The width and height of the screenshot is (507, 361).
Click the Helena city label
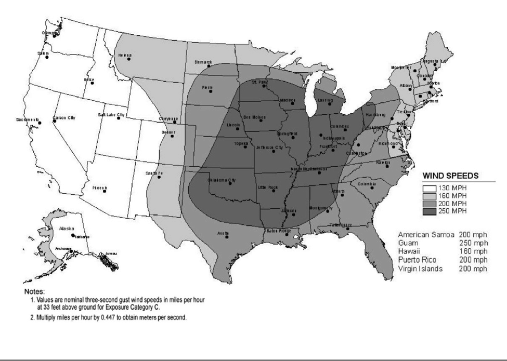(125, 55)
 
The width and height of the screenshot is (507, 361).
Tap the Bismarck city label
(203, 62)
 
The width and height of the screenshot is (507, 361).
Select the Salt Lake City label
(111, 114)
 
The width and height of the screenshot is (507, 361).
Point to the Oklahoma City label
(222, 180)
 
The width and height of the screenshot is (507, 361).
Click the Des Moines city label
(254, 117)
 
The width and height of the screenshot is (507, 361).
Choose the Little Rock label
(269, 187)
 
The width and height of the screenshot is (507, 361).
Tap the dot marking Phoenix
(105, 191)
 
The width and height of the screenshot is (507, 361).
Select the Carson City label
(64, 118)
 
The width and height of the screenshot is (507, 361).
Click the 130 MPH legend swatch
(430, 189)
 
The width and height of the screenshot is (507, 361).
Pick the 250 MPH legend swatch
(430, 211)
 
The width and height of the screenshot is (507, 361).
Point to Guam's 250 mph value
(474, 243)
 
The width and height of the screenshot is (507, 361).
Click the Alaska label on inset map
(67, 229)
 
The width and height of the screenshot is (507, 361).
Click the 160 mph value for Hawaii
(474, 251)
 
